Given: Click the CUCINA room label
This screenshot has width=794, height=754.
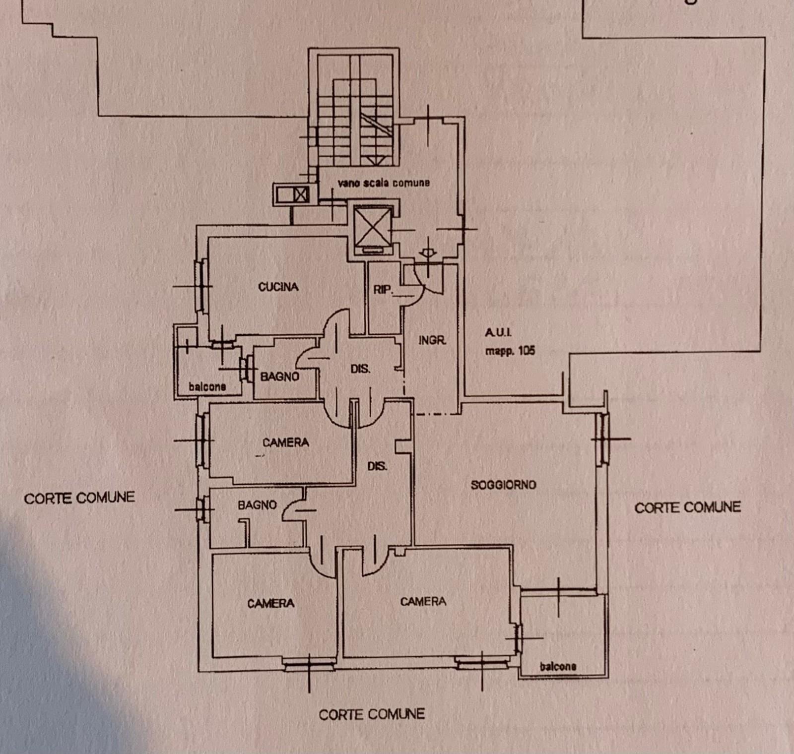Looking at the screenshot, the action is (278, 287).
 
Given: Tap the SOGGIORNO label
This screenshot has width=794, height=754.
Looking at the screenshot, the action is (503, 485).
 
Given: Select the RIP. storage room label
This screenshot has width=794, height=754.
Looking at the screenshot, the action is (383, 289).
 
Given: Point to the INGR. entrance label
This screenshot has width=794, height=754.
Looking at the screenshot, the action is (432, 340).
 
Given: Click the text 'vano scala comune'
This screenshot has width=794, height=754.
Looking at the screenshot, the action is (384, 183).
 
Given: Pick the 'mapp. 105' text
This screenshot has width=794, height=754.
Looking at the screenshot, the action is (510, 351).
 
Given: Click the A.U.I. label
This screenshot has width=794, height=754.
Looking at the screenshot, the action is (498, 333).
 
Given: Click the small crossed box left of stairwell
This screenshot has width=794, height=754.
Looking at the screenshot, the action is (301, 194).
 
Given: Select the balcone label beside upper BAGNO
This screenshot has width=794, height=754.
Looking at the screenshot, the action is (207, 386).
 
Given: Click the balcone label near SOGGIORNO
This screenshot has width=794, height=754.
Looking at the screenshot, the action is (558, 666).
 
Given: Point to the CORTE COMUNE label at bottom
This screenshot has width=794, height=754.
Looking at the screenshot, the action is (372, 714).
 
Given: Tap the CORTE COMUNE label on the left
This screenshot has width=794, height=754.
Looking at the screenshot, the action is (79, 498).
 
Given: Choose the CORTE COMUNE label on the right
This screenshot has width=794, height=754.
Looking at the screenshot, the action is (688, 507).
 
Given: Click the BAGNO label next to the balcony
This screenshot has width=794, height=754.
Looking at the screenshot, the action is (280, 377).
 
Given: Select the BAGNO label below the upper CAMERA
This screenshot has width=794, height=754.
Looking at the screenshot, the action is (257, 505).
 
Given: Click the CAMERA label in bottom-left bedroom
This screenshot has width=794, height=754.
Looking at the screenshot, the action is (271, 603).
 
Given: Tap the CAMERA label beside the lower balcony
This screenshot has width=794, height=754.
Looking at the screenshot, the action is (423, 601).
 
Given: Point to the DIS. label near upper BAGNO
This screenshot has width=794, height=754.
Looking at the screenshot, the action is (360, 369).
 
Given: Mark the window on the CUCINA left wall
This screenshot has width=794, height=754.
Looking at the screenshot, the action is (201, 286).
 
